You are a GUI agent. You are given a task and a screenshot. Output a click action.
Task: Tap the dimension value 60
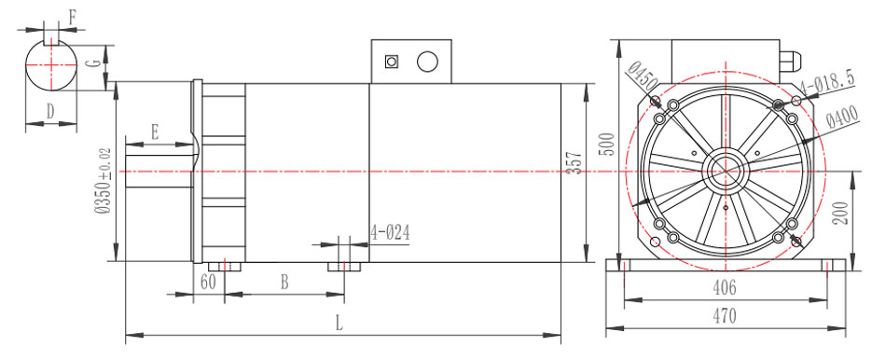pyautogui.click(x=207, y=281)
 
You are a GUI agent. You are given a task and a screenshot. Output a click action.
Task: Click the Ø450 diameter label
pyautogui.click(x=639, y=75)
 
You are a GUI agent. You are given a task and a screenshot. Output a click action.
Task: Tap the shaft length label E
pyautogui.click(x=154, y=134)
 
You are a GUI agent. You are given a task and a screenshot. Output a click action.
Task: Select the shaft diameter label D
pyautogui.click(x=50, y=110)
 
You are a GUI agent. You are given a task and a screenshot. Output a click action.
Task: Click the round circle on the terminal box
pyautogui.click(x=427, y=62)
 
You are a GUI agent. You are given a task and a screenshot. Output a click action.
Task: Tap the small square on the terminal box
pyautogui.click(x=392, y=62)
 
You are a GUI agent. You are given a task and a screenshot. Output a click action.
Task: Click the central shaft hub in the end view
pyautogui.click(x=724, y=172)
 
